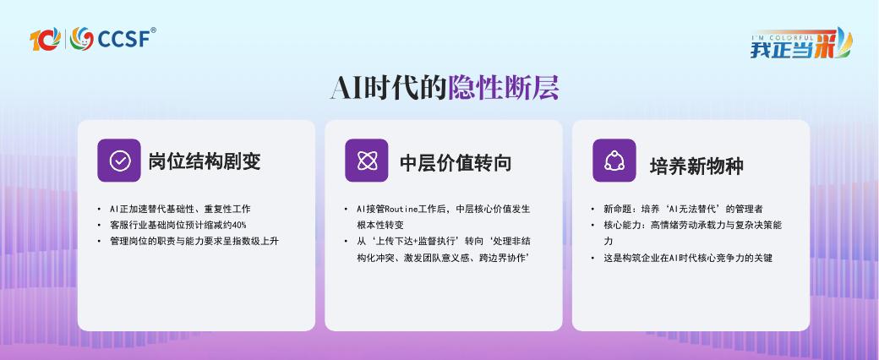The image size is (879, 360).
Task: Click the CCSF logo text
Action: click(x=124, y=39)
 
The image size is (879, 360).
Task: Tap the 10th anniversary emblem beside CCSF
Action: click(x=45, y=39)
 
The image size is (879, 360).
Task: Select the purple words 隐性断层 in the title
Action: click(x=503, y=88)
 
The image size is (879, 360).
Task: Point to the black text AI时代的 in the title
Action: click(x=389, y=88)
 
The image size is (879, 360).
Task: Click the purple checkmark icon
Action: click(x=119, y=161)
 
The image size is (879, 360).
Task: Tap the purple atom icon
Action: click(x=367, y=161)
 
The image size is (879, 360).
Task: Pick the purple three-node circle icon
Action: click(x=614, y=161)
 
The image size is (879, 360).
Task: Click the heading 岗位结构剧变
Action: click(x=205, y=162)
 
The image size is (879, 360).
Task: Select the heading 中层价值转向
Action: click(x=456, y=162)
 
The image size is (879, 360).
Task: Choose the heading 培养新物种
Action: click(x=696, y=166)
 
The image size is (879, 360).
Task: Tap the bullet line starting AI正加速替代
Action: click(x=181, y=210)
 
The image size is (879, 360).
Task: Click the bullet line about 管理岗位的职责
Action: click(x=194, y=241)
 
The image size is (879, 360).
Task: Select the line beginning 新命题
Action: click(x=684, y=210)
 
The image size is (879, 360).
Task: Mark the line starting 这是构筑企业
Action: click(x=688, y=259)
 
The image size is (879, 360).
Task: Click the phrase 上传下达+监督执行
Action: click(x=417, y=241)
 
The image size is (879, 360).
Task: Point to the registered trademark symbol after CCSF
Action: click(x=154, y=30)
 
